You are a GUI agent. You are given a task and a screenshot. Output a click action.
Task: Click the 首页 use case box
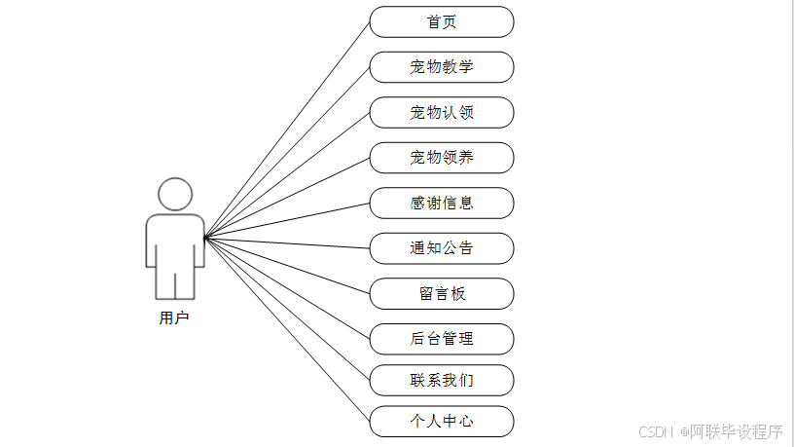(x=441, y=21)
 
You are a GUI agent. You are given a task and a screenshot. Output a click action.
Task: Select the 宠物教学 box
(x=441, y=67)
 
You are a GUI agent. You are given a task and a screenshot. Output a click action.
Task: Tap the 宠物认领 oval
(x=441, y=113)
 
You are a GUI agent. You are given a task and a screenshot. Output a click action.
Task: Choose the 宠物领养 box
(x=441, y=158)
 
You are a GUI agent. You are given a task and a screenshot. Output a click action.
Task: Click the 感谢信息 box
(x=441, y=204)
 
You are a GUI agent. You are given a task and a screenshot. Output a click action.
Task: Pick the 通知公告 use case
(x=441, y=248)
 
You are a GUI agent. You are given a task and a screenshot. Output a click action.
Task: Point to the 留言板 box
(x=441, y=294)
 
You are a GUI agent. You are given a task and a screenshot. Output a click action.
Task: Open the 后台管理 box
(x=441, y=339)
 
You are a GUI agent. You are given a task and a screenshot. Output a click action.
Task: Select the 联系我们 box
(x=441, y=380)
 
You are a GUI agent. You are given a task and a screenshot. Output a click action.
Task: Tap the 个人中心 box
(x=441, y=422)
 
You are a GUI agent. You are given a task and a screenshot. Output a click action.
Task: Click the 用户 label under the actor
(x=174, y=317)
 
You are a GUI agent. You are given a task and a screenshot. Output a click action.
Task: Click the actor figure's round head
(x=175, y=194)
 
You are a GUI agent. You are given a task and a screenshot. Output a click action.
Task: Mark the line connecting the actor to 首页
(x=287, y=129)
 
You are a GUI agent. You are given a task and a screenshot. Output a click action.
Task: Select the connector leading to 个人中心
(x=287, y=329)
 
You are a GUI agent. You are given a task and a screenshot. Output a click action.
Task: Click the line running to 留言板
(x=287, y=265)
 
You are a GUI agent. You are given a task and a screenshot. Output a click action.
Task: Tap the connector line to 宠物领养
(x=287, y=197)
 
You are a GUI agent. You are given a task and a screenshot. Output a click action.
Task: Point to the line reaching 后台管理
(x=287, y=287)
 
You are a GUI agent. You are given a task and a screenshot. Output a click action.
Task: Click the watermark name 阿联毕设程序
(x=737, y=430)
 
